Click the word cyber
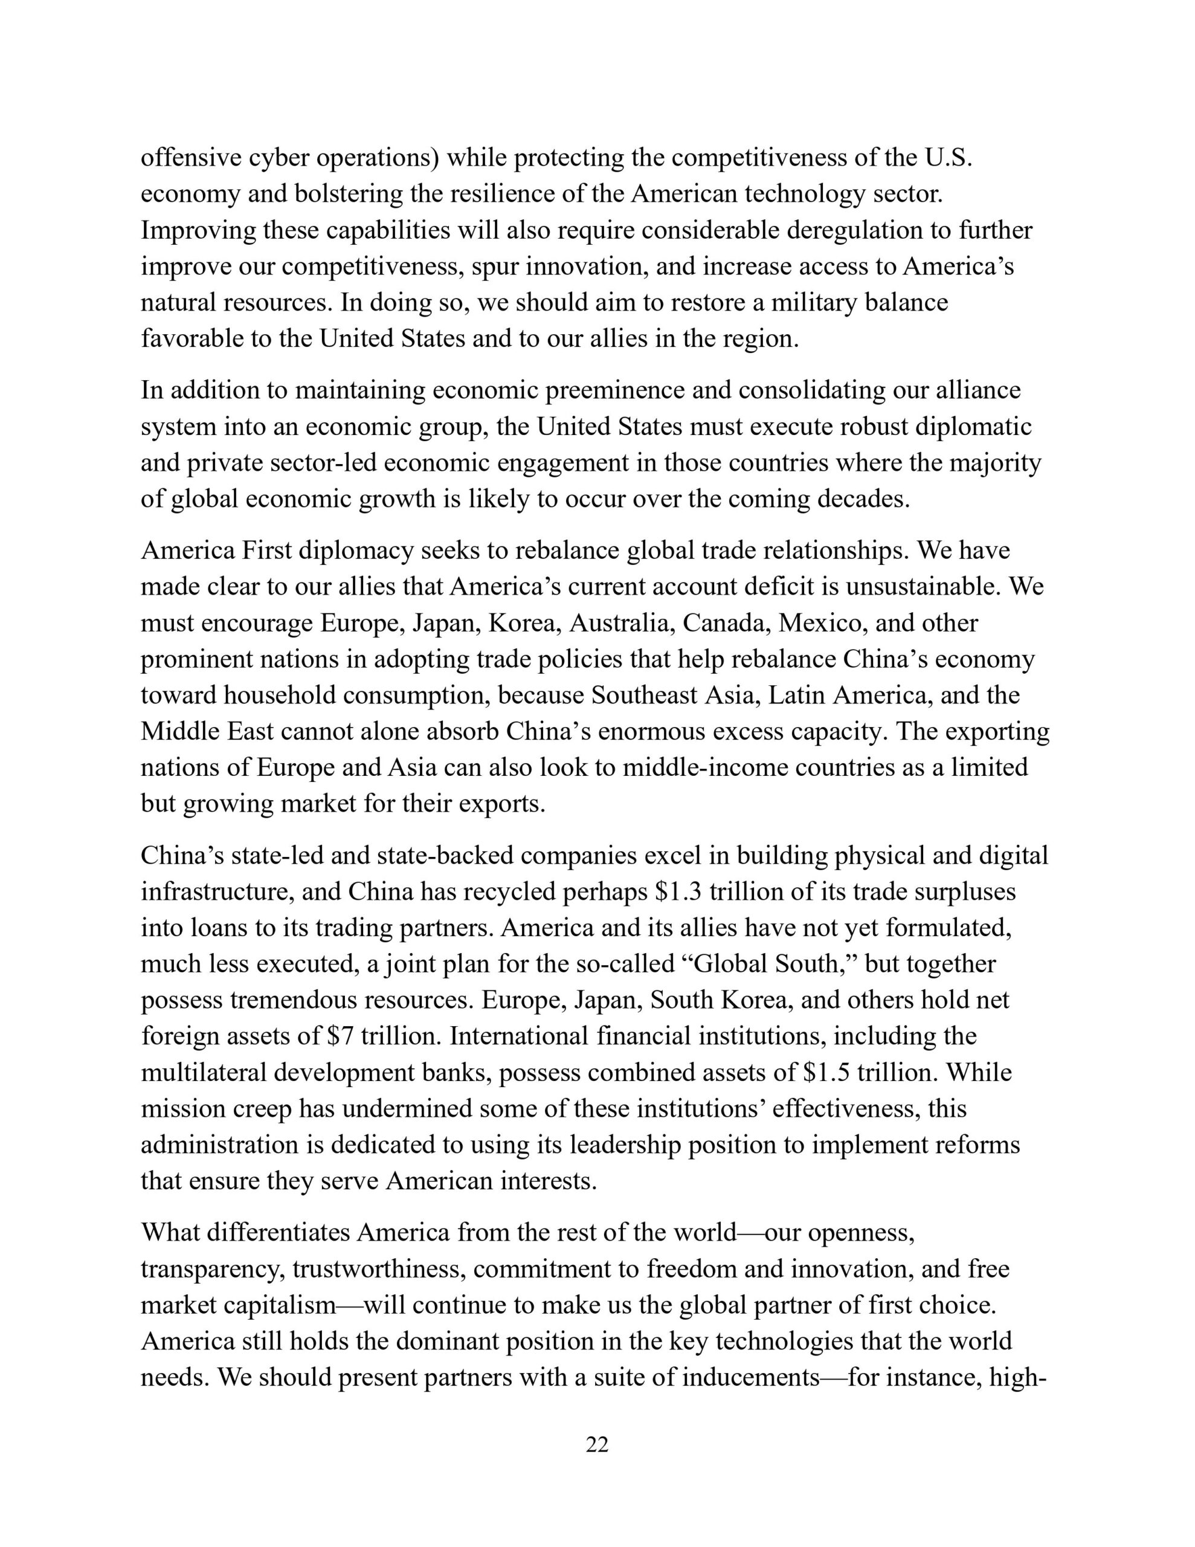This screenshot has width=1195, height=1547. point(279,158)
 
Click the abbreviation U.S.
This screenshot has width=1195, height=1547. point(949,158)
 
